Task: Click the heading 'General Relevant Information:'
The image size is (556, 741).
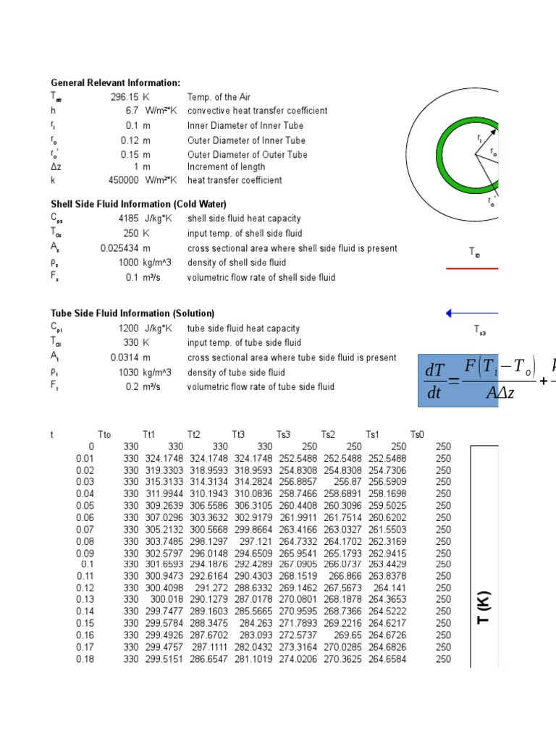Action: tap(115, 83)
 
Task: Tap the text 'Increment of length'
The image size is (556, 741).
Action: tap(226, 167)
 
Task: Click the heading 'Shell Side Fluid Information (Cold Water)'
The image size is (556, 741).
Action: tap(138, 204)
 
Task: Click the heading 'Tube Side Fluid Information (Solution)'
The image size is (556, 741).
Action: tap(132, 313)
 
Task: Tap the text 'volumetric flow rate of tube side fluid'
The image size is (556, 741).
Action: tap(261, 386)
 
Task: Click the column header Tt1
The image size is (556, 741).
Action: tap(149, 435)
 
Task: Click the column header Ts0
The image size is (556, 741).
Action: tap(417, 435)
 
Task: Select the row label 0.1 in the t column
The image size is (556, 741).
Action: tap(88, 564)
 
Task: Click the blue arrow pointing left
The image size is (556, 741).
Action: tap(471, 313)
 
